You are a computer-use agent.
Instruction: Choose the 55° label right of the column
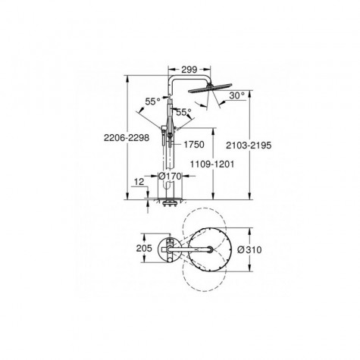point(184,111)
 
